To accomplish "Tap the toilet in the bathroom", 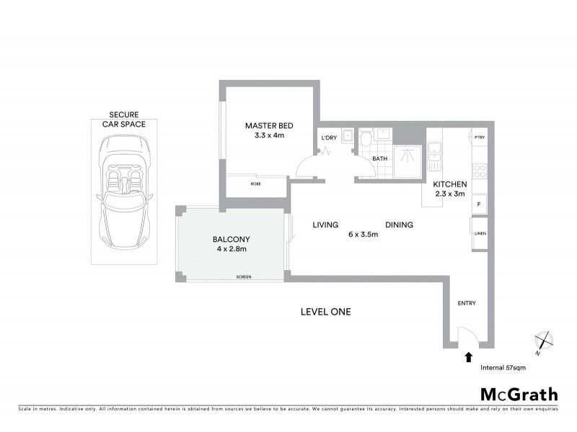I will (x=365, y=138).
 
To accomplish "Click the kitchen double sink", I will (x=435, y=152).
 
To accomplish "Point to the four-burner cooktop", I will (x=479, y=171).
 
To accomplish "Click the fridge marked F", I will (x=479, y=204).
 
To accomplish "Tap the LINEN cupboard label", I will (x=480, y=233).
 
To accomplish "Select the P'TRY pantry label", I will (x=479, y=137).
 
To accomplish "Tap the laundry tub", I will (x=347, y=135).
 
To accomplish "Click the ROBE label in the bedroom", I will (x=255, y=184).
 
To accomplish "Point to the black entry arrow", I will (x=469, y=356).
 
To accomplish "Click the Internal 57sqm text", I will (x=503, y=367).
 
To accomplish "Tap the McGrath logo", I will (x=519, y=394).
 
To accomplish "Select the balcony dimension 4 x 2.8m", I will (x=231, y=249).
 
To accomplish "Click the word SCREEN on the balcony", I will (x=243, y=277).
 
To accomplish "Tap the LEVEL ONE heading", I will (x=325, y=312).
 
